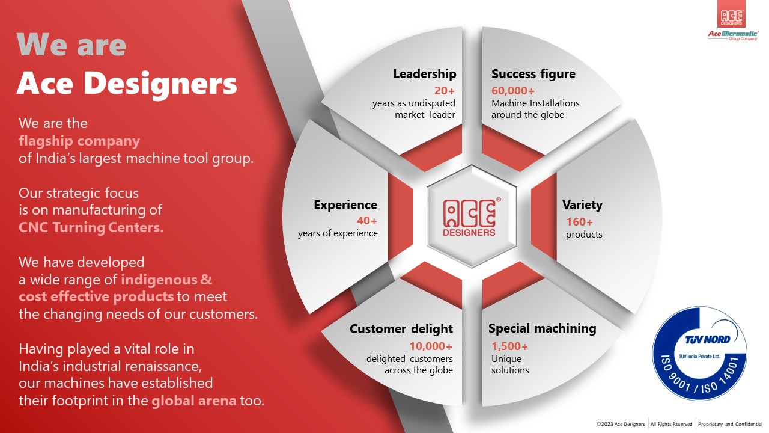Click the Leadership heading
pyautogui.click(x=424, y=74)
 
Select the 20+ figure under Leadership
pyautogui.click(x=445, y=91)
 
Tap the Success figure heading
pyautogui.click(x=533, y=74)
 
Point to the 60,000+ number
pyautogui.click(x=512, y=91)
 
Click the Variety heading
pyautogui.click(x=582, y=205)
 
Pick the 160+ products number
pyautogui.click(x=579, y=222)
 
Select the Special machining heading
pyautogui.click(x=542, y=328)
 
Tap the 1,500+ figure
pyautogui.click(x=509, y=346)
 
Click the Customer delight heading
pyautogui.click(x=401, y=329)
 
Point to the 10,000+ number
pyautogui.click(x=431, y=346)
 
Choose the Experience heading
pyautogui.click(x=345, y=205)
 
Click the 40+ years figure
pyautogui.click(x=367, y=221)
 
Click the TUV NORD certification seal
pyautogui.click(x=699, y=354)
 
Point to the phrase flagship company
pyautogui.click(x=79, y=141)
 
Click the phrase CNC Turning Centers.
pyautogui.click(x=91, y=228)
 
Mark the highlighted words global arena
pyautogui.click(x=193, y=401)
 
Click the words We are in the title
pyautogui.click(x=71, y=45)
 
